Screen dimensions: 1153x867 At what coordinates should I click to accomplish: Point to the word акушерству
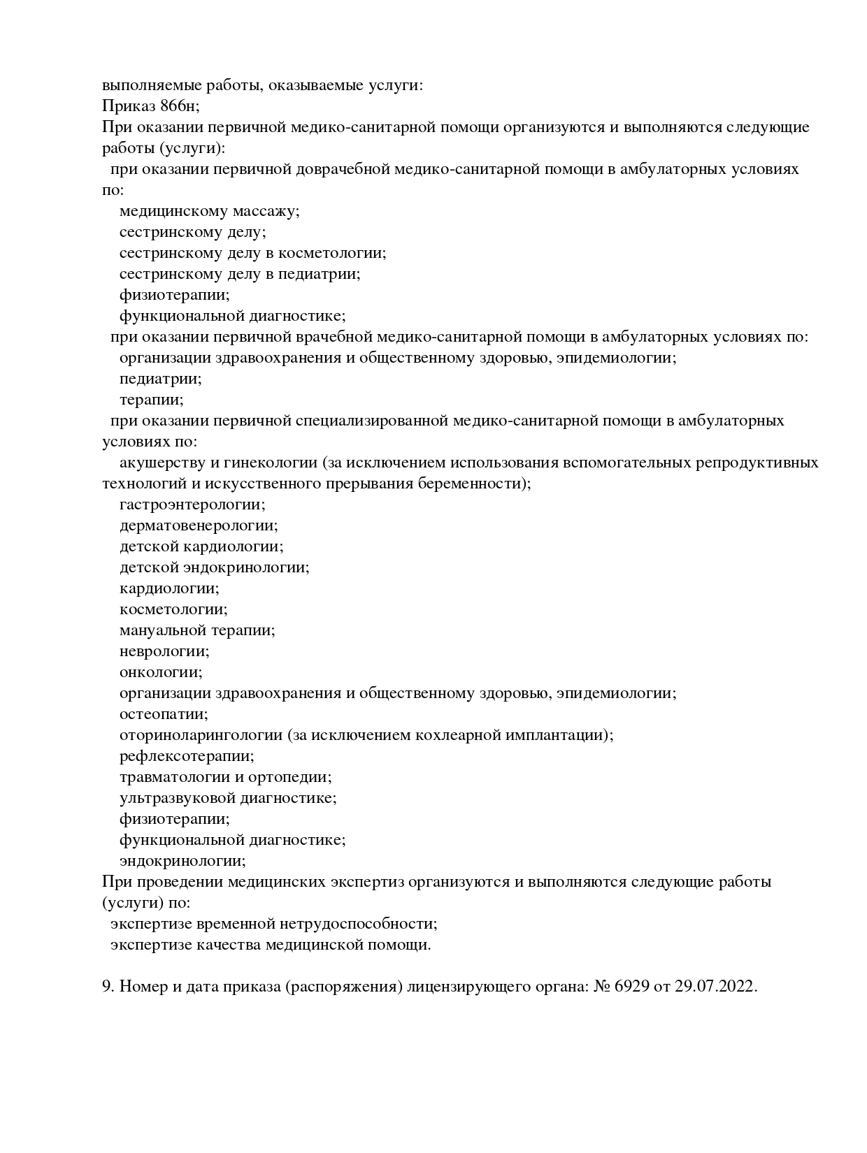[162, 463]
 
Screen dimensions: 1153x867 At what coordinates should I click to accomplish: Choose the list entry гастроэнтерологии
[192, 505]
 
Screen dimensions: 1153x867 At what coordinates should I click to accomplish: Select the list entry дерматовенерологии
[199, 525]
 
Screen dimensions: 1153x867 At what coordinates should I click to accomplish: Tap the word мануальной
[163, 630]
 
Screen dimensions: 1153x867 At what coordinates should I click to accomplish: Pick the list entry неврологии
[164, 651]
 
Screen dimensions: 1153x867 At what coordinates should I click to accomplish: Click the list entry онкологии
[161, 672]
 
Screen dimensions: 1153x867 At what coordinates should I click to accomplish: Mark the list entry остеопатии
[164, 714]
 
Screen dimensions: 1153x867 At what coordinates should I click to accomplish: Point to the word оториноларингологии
[201, 735]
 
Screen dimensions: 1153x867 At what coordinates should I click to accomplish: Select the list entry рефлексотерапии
[187, 756]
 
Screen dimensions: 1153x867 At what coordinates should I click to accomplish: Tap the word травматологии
[174, 777]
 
